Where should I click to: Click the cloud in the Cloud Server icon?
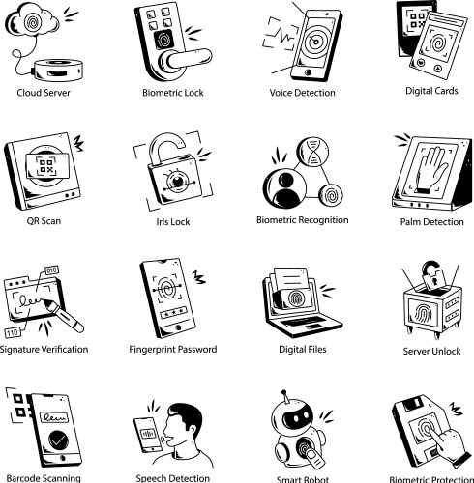click(32, 20)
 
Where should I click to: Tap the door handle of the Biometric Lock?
click(187, 59)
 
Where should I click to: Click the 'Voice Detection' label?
click(302, 93)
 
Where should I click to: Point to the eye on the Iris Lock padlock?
click(178, 181)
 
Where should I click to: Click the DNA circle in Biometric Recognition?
click(312, 152)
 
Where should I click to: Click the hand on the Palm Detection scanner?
click(431, 170)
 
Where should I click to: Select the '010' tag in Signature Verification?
click(51, 270)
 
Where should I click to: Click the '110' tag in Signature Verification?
click(13, 332)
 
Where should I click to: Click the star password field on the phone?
click(173, 312)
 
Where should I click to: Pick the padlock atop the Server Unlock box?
click(432, 276)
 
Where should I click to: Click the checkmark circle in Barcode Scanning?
click(58, 440)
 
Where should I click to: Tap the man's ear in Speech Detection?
click(192, 427)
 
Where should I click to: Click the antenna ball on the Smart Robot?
click(283, 393)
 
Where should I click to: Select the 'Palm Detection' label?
click(431, 222)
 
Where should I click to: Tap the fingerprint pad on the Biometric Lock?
click(164, 40)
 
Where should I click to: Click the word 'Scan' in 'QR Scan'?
click(51, 221)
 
